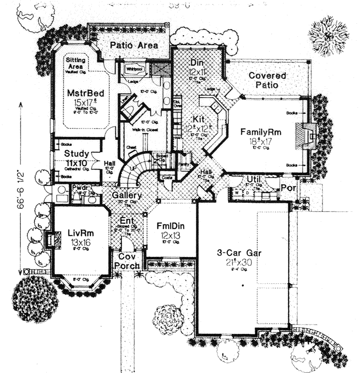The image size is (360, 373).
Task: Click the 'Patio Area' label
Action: (134, 46)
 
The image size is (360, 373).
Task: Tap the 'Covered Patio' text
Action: (268, 80)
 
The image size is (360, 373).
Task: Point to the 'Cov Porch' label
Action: (127, 262)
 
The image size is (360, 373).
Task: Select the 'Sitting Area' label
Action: (76, 63)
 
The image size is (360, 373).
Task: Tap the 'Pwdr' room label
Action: (79, 188)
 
